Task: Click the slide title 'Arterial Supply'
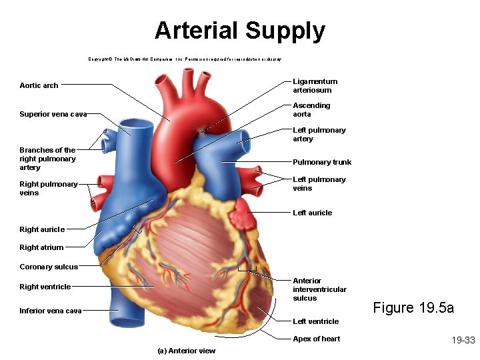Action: (x=240, y=31)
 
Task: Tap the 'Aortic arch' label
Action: (x=39, y=85)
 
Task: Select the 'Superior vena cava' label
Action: (x=53, y=114)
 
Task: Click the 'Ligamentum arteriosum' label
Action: (x=315, y=86)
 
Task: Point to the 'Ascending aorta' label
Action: (x=311, y=110)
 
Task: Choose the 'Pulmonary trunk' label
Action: (x=322, y=162)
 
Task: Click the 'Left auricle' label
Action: (x=312, y=213)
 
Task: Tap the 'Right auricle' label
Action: (x=42, y=229)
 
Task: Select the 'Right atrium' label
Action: (x=41, y=247)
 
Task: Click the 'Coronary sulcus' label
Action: (x=49, y=267)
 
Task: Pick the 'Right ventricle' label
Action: (x=45, y=287)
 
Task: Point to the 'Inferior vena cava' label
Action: (x=51, y=311)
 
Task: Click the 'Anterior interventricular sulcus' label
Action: (x=319, y=289)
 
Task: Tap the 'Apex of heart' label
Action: (x=316, y=339)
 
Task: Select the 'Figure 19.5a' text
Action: (x=413, y=307)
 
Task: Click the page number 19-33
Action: (x=463, y=340)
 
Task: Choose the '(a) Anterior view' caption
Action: (x=186, y=351)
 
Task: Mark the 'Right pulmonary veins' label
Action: (x=49, y=189)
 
